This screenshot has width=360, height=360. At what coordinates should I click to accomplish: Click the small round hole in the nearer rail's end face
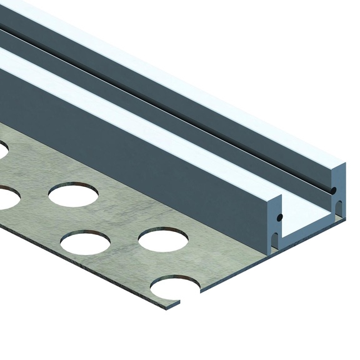[279, 217]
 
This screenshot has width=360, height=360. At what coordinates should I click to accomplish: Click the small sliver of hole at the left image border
[2, 150]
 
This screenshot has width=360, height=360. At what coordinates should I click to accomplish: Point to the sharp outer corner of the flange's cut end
[179, 304]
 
